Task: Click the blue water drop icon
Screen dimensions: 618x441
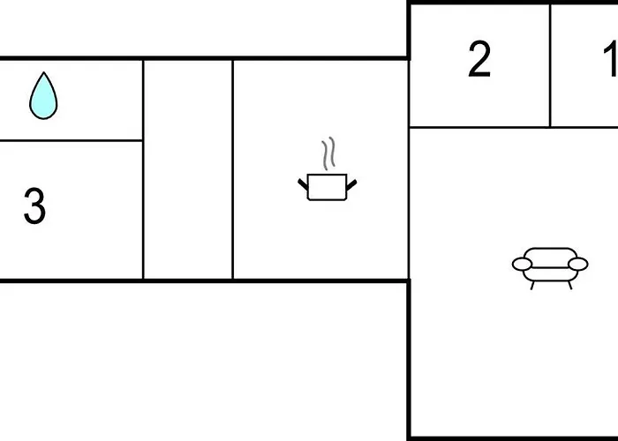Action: (43, 96)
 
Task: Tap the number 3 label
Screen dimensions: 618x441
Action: (34, 206)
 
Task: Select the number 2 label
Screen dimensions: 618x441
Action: (479, 59)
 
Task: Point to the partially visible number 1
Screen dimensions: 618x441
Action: (611, 59)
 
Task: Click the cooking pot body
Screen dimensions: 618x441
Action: (328, 187)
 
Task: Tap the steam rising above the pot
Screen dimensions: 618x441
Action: (328, 153)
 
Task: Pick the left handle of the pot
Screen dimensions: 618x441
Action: (303, 184)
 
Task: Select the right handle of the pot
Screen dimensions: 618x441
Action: (351, 184)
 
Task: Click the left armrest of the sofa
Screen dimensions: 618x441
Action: (523, 265)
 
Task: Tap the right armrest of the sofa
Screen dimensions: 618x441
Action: (578, 264)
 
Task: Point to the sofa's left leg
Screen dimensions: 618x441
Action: (532, 286)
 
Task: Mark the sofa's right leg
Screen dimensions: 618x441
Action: (569, 286)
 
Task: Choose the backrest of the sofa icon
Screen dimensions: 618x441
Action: (551, 256)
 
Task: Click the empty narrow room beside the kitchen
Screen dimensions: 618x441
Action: (188, 169)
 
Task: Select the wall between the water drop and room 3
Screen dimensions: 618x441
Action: (71, 140)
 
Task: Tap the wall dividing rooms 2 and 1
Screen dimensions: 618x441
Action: (550, 66)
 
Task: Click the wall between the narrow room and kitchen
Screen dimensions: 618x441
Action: (233, 169)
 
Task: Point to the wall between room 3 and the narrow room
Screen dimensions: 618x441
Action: (143, 169)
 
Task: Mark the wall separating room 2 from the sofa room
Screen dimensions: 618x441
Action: (479, 127)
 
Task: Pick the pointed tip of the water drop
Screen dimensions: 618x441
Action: (44, 72)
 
